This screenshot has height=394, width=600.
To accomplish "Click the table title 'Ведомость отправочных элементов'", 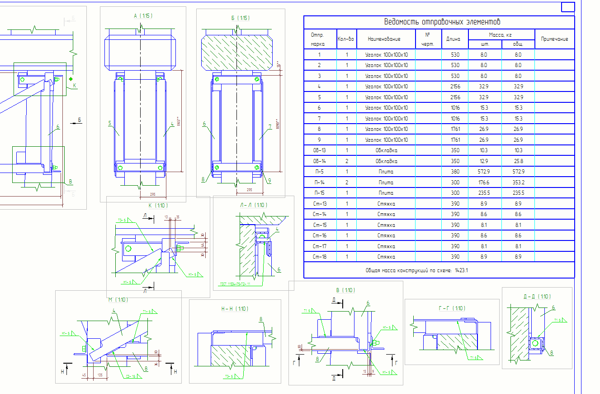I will (x=442, y=22).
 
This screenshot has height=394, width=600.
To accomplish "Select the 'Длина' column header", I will (x=454, y=39).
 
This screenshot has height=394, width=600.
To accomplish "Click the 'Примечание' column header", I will (x=554, y=39).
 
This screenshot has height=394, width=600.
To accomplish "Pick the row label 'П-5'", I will (x=319, y=172).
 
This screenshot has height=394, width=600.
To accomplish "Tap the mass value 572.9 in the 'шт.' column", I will (x=485, y=172).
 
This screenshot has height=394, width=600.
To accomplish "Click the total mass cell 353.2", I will (x=518, y=183).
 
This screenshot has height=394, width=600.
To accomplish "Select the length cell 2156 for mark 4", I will (x=455, y=86).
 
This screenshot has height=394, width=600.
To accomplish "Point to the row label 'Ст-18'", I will (x=319, y=257).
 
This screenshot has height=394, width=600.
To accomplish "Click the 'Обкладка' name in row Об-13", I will (x=386, y=150).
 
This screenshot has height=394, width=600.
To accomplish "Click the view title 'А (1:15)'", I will (x=143, y=16).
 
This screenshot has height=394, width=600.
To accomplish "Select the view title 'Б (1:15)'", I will (x=240, y=18).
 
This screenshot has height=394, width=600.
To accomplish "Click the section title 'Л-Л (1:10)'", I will (x=254, y=205).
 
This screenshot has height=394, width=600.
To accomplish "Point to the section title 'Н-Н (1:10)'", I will (x=235, y=309).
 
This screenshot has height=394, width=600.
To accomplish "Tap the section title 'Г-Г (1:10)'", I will (x=452, y=308).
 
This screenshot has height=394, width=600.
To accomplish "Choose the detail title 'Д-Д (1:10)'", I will (x=537, y=297).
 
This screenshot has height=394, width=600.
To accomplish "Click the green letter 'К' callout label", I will (x=75, y=85).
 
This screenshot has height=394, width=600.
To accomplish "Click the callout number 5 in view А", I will (x=109, y=123).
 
